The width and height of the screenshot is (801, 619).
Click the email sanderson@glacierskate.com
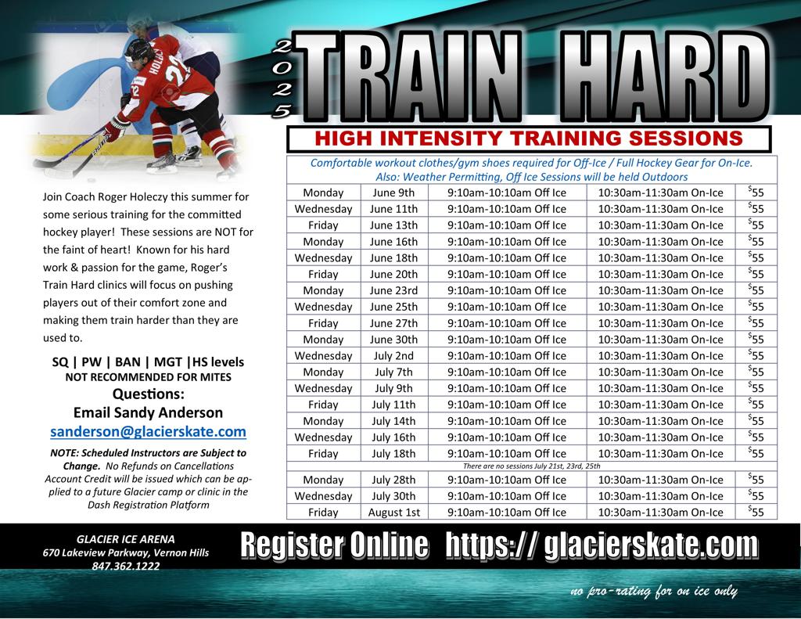[x=148, y=431]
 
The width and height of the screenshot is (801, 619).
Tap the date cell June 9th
[x=394, y=193]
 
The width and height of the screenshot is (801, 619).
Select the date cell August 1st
[x=394, y=512]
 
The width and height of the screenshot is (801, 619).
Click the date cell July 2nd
[x=394, y=356]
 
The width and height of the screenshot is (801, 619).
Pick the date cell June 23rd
[x=394, y=290]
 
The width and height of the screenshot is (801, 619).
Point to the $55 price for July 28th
[x=756, y=480]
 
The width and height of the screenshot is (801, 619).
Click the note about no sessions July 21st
[x=531, y=466]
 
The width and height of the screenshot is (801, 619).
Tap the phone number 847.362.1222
[x=126, y=566]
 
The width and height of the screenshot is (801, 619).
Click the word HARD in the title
[x=664, y=76]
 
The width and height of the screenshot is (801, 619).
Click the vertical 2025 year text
[x=282, y=79]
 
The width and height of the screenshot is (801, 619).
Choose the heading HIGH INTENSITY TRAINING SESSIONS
[x=529, y=138]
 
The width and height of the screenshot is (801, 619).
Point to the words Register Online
[x=335, y=545]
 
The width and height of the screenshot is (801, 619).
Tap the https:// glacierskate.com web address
[x=602, y=545]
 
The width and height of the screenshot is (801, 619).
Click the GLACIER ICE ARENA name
[x=126, y=539]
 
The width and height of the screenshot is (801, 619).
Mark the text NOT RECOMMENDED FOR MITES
[x=148, y=377]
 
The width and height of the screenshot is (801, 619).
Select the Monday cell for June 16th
[x=323, y=242]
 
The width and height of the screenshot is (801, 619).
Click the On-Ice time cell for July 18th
[x=660, y=453]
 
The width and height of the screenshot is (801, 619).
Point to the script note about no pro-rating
[x=654, y=592]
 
